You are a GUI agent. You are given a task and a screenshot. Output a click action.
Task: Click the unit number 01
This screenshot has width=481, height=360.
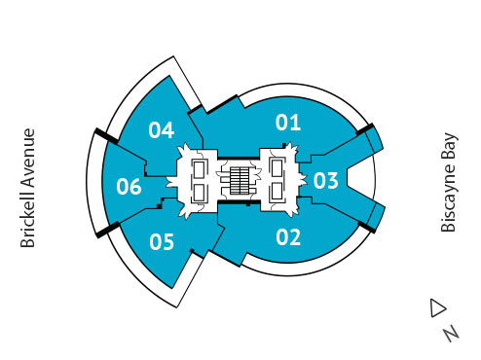287,123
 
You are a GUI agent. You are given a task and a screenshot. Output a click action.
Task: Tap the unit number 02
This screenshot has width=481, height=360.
287,235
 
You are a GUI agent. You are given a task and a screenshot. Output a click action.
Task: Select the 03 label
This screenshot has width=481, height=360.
325,180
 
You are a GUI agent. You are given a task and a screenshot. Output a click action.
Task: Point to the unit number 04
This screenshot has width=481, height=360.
161,129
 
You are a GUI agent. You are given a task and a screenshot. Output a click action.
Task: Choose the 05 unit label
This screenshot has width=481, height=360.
162,241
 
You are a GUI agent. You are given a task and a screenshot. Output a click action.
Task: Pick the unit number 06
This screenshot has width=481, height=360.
129,186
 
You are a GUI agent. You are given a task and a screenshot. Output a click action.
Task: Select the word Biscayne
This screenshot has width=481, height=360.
449,198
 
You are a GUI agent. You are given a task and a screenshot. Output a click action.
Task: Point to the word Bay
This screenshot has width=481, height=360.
449,145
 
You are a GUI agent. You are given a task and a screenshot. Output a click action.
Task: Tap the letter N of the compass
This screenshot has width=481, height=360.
450,333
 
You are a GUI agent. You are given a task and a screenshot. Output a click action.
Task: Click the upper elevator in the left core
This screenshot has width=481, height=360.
201,169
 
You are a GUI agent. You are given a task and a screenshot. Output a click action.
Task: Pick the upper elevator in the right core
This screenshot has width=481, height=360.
277,169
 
